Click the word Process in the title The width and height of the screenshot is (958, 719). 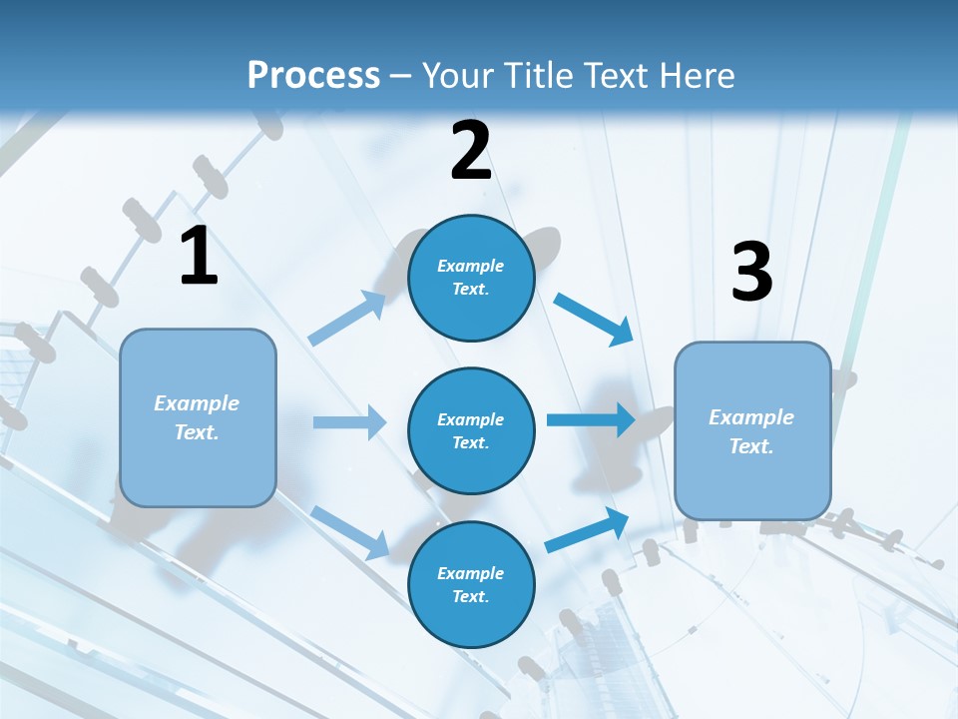click(313, 76)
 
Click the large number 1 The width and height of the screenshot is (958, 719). click(198, 258)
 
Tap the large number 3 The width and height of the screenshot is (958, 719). click(751, 273)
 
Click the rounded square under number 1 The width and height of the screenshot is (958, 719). click(198, 417)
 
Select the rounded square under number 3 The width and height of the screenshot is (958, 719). click(752, 431)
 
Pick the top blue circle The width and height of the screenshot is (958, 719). click(471, 278)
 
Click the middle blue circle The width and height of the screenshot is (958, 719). click(471, 430)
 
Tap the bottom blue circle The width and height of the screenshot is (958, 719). click(471, 584)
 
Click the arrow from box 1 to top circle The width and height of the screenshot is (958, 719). click(348, 318)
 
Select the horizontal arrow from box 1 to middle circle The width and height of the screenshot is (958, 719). click(349, 422)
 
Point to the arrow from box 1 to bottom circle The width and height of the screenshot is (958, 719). click(350, 530)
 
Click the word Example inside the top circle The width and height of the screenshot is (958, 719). click(471, 266)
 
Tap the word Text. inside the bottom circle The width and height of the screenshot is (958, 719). click(471, 596)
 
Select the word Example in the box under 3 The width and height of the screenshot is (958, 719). click(751, 417)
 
